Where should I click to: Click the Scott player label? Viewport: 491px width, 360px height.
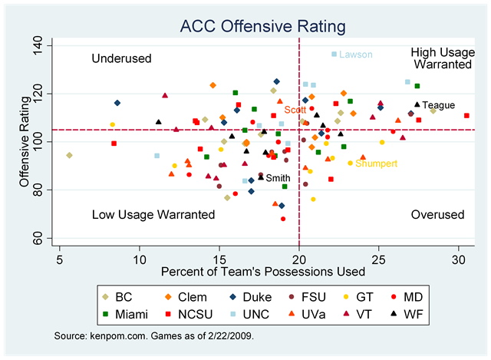click(x=295, y=111)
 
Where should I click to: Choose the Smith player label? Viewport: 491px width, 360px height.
click(x=278, y=178)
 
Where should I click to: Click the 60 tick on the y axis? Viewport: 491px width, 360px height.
click(x=47, y=240)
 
